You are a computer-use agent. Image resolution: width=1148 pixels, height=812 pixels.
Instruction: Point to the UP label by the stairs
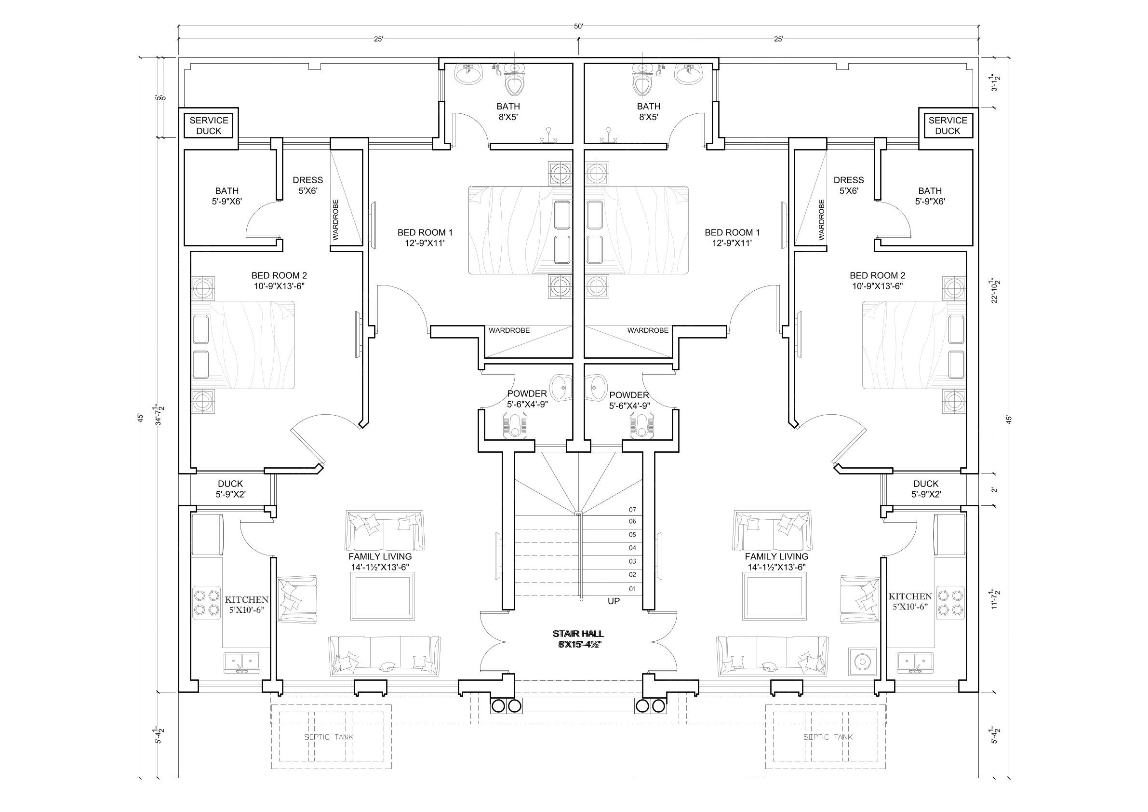(614, 601)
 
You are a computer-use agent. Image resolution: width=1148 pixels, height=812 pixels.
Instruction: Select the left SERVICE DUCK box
(209, 125)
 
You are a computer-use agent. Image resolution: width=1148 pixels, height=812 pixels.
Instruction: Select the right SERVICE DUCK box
(948, 125)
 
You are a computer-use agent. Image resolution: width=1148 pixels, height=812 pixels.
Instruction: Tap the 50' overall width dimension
(578, 27)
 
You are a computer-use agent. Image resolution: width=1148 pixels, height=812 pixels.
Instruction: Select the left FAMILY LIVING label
(380, 561)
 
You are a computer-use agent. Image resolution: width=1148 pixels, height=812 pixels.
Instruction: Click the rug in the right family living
(774, 596)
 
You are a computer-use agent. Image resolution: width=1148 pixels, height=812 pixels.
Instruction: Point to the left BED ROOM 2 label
(279, 281)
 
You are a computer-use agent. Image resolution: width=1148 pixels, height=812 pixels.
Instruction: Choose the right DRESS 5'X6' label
(849, 185)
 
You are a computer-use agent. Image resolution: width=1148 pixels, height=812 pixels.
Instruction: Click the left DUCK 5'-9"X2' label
(230, 489)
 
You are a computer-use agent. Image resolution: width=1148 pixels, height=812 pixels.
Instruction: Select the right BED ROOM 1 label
(732, 238)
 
